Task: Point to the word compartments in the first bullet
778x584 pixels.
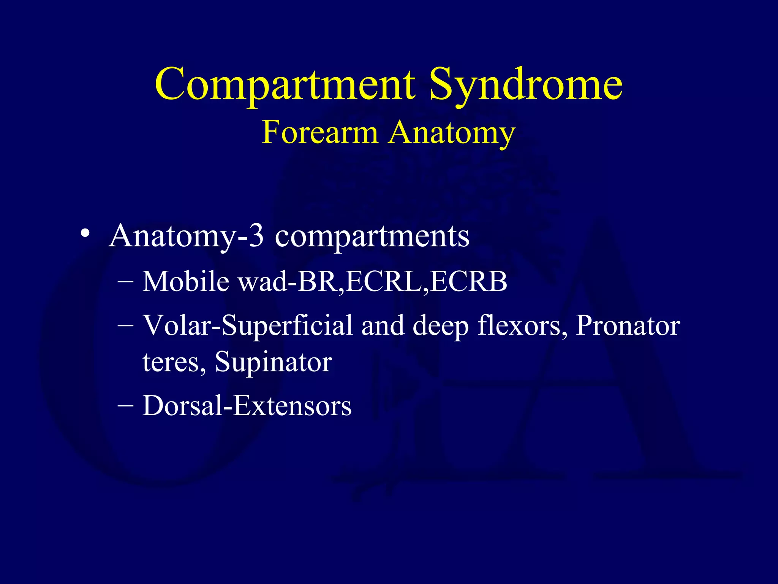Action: [372, 236]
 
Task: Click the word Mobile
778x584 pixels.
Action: [186, 282]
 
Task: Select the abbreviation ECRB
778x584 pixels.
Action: [469, 282]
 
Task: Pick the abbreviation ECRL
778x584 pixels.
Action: [384, 282]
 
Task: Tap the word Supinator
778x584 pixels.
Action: [274, 362]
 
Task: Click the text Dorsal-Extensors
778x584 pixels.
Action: [247, 406]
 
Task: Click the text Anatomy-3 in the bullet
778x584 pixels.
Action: [186, 236]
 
